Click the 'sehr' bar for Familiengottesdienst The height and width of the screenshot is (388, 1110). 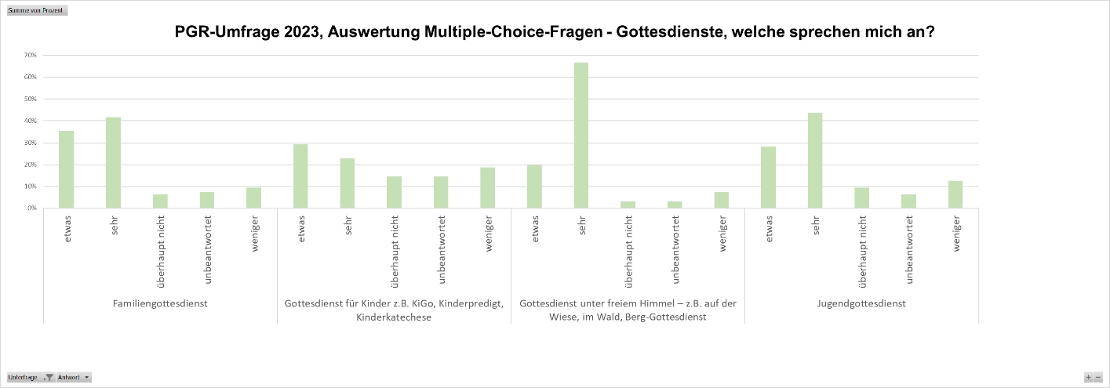114,162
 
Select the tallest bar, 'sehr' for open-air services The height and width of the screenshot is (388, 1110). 581,135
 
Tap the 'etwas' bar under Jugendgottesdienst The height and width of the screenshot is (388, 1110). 768,177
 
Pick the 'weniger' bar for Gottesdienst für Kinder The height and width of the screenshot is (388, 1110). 488,187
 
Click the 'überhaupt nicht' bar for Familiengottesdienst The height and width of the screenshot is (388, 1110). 160,201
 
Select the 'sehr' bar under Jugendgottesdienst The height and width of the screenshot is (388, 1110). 815,160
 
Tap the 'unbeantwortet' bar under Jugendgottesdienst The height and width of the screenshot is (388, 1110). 908,201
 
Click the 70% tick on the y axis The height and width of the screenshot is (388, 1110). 31,56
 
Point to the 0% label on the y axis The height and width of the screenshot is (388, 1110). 32,209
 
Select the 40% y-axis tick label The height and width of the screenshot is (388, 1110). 31,121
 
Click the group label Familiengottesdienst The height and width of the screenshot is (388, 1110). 160,303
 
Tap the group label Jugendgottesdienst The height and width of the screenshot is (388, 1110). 861,303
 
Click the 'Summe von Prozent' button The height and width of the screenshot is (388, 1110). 37,11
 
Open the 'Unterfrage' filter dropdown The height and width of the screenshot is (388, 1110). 49,377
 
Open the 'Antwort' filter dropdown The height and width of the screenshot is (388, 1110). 86,377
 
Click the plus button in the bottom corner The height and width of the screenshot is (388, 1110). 1088,377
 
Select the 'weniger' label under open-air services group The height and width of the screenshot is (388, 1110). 721,233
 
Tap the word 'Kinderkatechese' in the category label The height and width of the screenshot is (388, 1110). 394,317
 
